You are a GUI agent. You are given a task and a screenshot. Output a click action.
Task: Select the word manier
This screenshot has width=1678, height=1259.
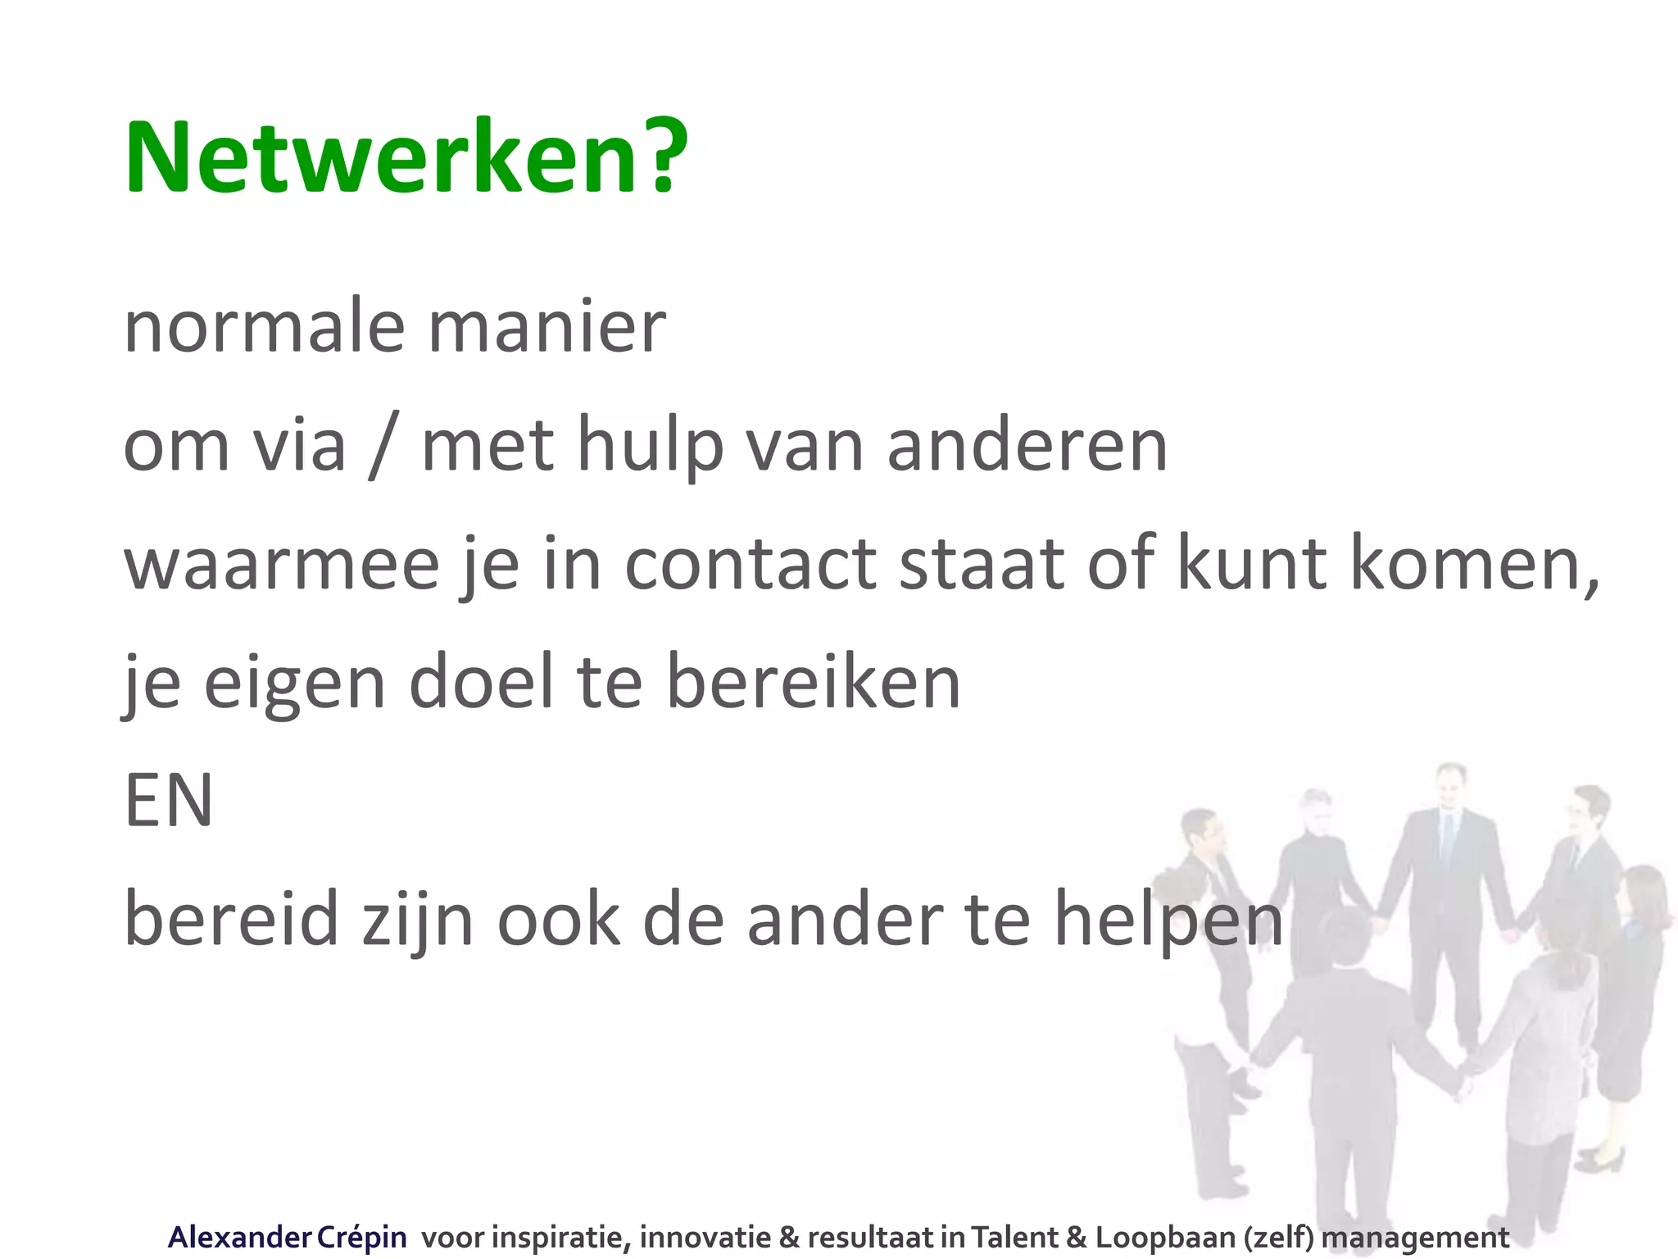point(546,327)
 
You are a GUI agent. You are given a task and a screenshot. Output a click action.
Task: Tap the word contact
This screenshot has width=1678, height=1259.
point(751,564)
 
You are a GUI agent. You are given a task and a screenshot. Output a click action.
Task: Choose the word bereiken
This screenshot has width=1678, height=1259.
point(813,682)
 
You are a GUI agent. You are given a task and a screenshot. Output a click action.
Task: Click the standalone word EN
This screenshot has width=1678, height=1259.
point(169,801)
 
